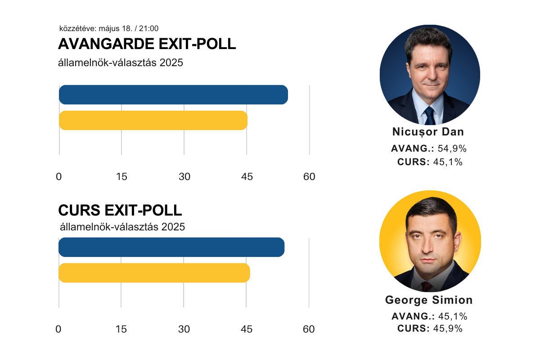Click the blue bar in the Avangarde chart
pyautogui.click(x=173, y=94)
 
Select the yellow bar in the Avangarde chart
pyautogui.click(x=153, y=120)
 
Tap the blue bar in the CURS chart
pyautogui.click(x=171, y=247)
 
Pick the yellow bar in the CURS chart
pyautogui.click(x=154, y=273)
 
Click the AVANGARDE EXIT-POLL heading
pyautogui.click(x=147, y=44)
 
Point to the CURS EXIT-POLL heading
pyautogui.click(x=120, y=211)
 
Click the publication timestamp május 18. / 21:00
pyautogui.click(x=109, y=28)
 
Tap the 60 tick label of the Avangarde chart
pyautogui.click(x=309, y=177)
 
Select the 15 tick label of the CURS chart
pyautogui.click(x=121, y=329)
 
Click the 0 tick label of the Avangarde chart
pyautogui.click(x=59, y=177)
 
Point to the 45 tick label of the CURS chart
pyautogui.click(x=246, y=329)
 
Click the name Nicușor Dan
pyautogui.click(x=428, y=132)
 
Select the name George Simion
pyautogui.click(x=429, y=300)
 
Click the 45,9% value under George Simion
pyautogui.click(x=448, y=328)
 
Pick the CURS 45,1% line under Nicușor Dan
pyautogui.click(x=430, y=162)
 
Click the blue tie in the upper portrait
pyautogui.click(x=430, y=116)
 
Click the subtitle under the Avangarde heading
pyautogui.click(x=121, y=63)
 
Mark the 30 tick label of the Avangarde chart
pyautogui.click(x=184, y=177)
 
